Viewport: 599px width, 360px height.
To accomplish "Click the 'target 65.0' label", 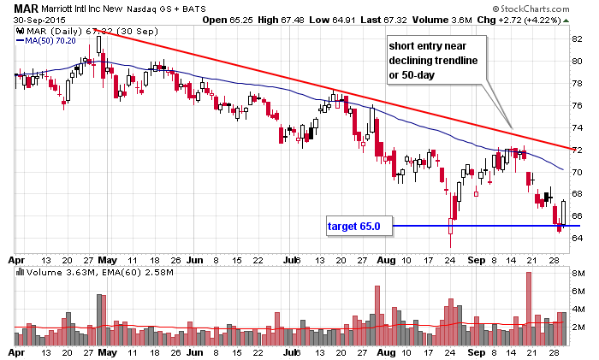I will pyautogui.click(x=359, y=227).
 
